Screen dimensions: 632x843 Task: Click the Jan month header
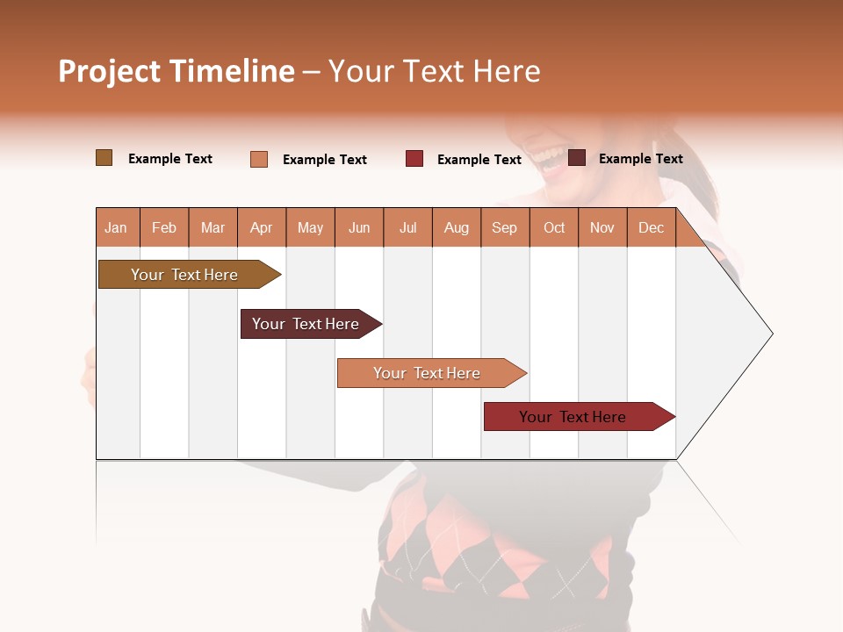click(x=116, y=227)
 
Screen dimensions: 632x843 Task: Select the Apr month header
click(x=262, y=227)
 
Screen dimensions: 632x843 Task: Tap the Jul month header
click(x=407, y=227)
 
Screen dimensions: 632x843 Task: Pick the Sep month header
click(x=504, y=227)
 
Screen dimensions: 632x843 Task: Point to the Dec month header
click(x=651, y=227)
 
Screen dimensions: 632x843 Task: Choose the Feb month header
click(x=164, y=227)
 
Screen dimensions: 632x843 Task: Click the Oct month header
click(x=554, y=227)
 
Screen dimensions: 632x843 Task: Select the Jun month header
click(x=359, y=227)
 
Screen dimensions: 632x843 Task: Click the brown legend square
click(x=104, y=158)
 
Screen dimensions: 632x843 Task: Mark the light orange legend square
click(x=259, y=159)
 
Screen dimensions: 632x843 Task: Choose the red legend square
click(x=414, y=159)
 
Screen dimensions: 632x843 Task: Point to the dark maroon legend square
click(x=577, y=158)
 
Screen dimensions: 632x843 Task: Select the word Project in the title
click(x=109, y=71)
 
